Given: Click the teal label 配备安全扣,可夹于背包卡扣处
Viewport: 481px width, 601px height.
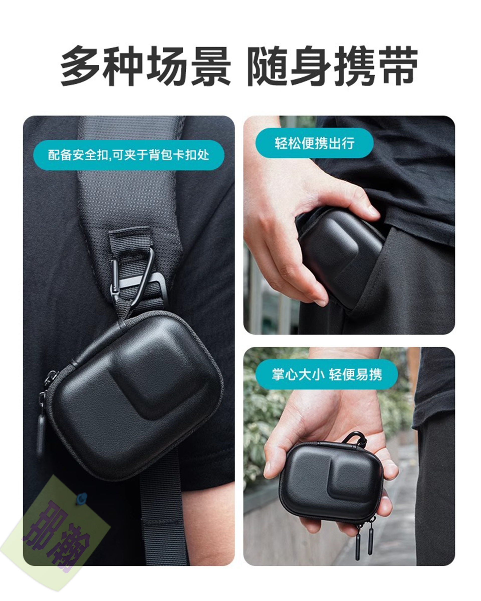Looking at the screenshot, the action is click(129, 155).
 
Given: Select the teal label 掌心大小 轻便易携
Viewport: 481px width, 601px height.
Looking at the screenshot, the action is click(326, 374).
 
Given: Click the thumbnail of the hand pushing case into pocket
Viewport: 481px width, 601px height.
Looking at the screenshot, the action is click(349, 225).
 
